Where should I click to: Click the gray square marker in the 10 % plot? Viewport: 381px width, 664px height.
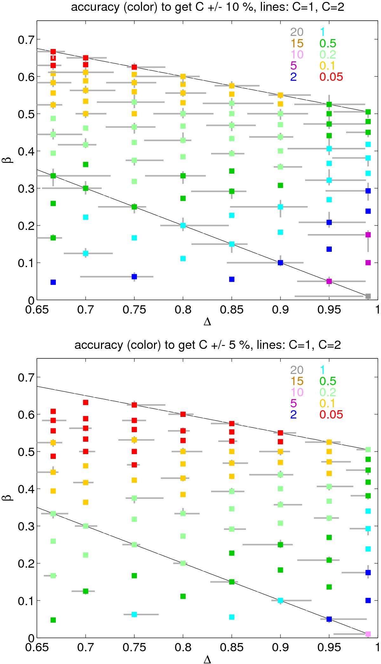coord(368,296)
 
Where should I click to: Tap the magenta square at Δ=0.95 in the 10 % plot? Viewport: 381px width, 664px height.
coord(329,281)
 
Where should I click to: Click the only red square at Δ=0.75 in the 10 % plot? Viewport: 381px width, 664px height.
coord(134,67)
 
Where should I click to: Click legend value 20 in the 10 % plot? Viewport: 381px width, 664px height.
coord(296,32)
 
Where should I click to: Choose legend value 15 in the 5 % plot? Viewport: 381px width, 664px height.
coord(296,381)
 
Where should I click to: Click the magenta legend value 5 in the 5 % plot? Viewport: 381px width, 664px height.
coord(293,403)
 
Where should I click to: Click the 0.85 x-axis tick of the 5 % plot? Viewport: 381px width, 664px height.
coord(231,648)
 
